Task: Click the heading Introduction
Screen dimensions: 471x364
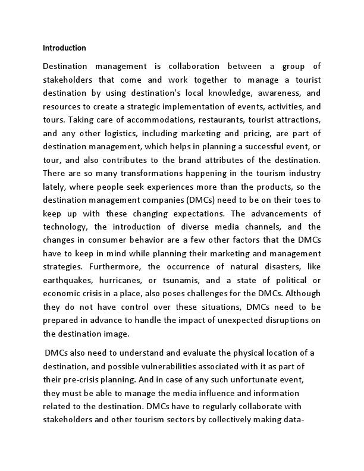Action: (x=64, y=48)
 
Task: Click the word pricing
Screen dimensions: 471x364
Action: (x=246, y=134)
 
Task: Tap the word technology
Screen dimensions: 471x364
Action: (x=67, y=227)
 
